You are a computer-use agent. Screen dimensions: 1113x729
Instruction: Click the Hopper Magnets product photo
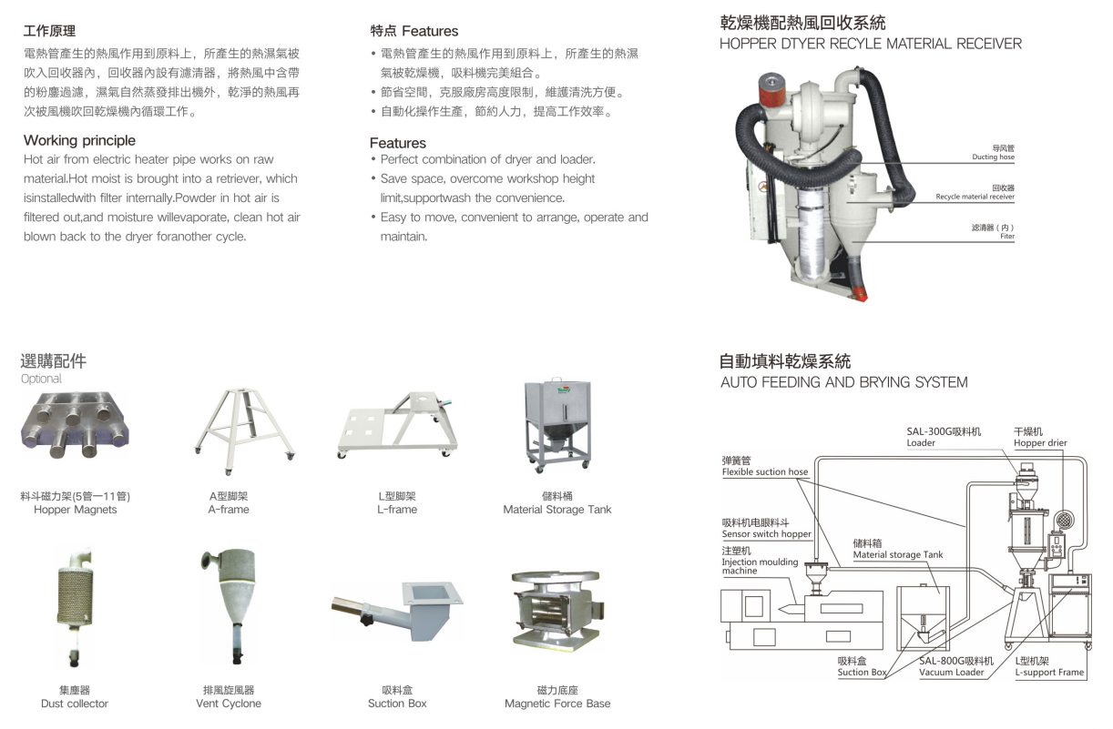pos(75,425)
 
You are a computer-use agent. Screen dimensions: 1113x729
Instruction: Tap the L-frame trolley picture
pos(397,425)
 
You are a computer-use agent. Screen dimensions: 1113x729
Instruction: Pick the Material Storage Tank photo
pos(558,426)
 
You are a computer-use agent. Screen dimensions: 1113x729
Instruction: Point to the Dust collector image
pos(75,607)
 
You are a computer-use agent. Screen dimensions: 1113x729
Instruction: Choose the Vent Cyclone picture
pos(229,606)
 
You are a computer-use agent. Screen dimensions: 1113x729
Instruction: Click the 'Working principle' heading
pos(79,140)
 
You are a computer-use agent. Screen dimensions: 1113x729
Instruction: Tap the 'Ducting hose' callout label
pos(994,157)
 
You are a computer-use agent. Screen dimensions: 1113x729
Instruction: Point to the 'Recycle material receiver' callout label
pos(975,197)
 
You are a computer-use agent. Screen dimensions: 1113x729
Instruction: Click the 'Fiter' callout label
pos(1007,237)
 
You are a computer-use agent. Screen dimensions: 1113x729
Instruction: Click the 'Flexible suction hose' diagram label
pos(765,471)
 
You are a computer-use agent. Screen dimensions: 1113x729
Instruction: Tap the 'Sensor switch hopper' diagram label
pos(766,534)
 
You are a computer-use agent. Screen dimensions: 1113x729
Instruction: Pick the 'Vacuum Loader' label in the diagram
pos(951,672)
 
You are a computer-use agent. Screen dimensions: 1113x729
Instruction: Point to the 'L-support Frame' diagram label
pos(1049,672)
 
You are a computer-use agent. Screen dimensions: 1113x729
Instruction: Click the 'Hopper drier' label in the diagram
pos(1040,443)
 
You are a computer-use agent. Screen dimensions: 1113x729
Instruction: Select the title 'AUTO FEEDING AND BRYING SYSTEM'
pos(844,382)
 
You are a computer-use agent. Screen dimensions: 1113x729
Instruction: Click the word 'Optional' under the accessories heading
pos(41,379)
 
